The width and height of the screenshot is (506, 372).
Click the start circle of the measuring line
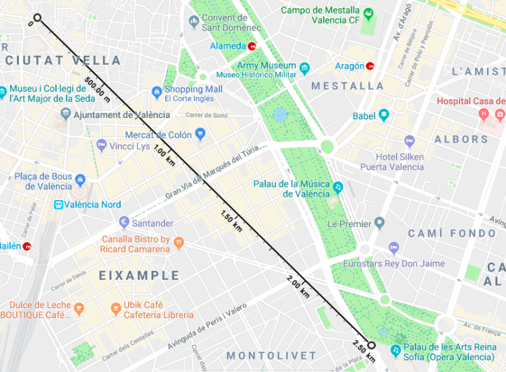37,18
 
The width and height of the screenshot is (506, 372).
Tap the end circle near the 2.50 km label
370,343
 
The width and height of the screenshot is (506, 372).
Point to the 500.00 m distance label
98,90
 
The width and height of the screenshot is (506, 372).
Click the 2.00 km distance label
298,286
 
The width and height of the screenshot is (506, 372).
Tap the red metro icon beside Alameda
252,46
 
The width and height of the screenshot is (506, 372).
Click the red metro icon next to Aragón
370,66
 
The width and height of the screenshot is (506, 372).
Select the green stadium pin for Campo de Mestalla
368,13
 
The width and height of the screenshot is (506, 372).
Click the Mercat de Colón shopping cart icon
200,135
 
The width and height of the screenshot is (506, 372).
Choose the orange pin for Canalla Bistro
179,243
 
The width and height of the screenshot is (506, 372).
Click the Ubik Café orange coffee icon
116,309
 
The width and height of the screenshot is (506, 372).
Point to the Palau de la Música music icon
337,186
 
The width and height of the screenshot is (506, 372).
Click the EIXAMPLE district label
140,276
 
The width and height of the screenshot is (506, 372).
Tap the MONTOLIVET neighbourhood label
271,355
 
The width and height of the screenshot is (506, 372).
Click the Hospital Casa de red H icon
483,114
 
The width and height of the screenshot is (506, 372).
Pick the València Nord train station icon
59,204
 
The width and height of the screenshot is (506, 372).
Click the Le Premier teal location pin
379,223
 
